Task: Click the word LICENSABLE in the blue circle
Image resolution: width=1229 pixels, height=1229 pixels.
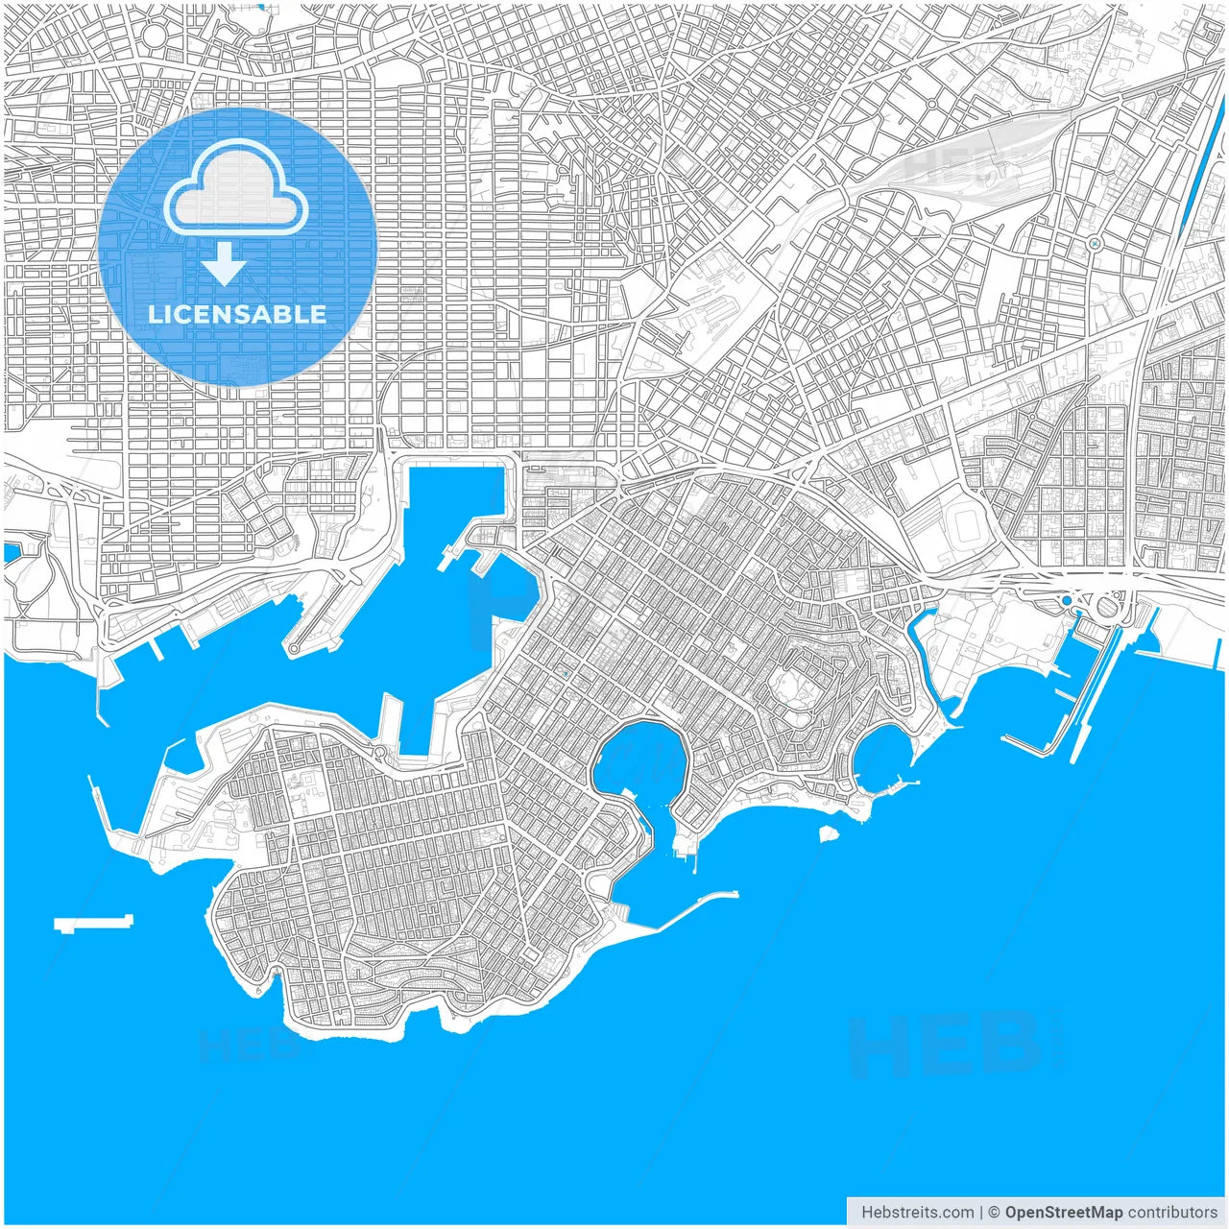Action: click(237, 314)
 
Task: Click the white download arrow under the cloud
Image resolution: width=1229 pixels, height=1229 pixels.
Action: click(224, 263)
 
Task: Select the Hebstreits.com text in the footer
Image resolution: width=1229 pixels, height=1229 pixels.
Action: click(917, 1213)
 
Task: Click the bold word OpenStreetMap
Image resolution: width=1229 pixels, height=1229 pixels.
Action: click(1063, 1213)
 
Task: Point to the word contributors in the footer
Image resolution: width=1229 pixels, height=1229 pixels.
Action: click(1172, 1213)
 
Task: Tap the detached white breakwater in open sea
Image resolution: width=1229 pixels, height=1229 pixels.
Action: click(92, 924)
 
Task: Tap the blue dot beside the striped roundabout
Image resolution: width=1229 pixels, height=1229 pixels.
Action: click(1066, 601)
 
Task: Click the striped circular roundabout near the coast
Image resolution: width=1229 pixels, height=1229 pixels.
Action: click(1107, 606)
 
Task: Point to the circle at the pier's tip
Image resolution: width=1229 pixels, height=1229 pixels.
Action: click(294, 650)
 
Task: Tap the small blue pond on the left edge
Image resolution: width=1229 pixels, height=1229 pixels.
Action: click(12, 552)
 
